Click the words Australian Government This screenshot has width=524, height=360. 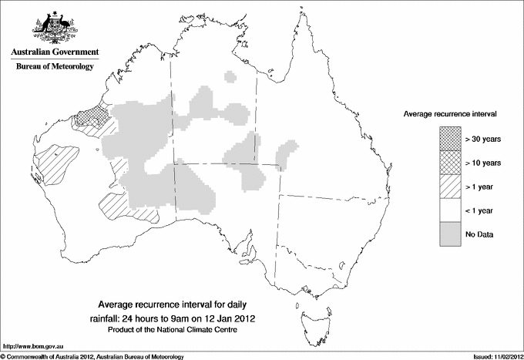coord(54,52)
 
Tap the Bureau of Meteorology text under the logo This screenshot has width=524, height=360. coord(54,67)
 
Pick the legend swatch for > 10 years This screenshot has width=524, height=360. coord(450,163)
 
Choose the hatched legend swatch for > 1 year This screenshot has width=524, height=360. coord(450,186)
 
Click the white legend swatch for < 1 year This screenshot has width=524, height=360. coord(450,210)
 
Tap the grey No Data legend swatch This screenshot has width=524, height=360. coord(450,234)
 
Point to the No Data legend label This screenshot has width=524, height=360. coord(479,234)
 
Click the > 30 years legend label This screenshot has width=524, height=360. coord(482,140)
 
